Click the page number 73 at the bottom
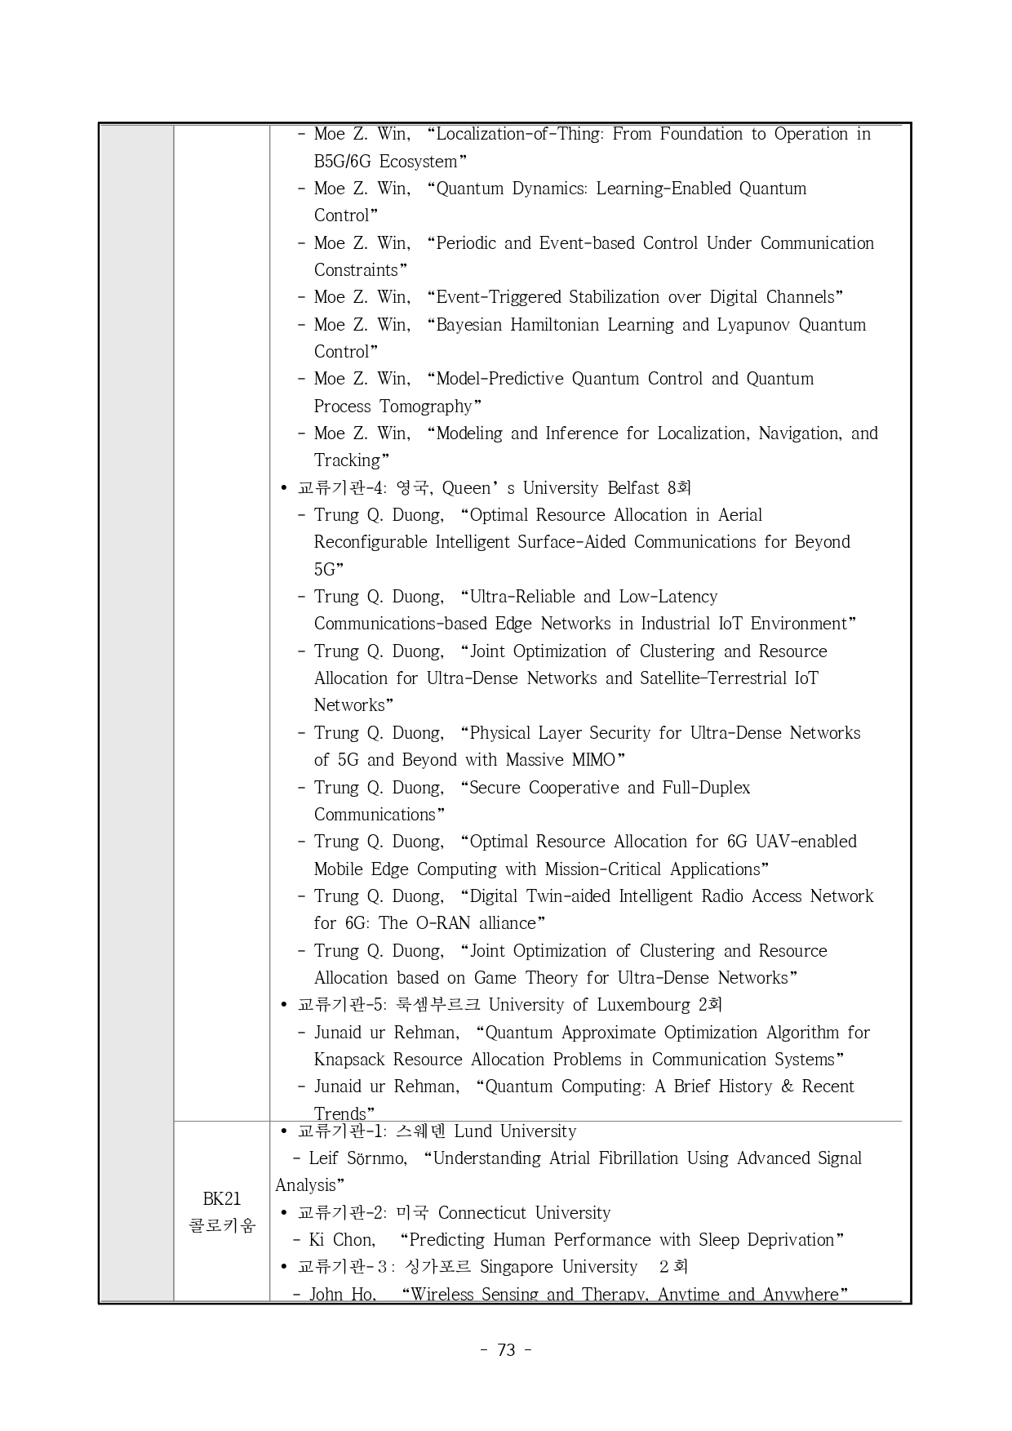tap(506, 1350)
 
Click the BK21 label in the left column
tap(221, 1198)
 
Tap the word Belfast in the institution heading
tap(633, 488)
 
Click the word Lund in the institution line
tap(473, 1131)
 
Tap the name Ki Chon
tap(342, 1240)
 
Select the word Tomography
tap(430, 407)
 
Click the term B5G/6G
tap(342, 162)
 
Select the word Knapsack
tap(349, 1060)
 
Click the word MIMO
tap(593, 760)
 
